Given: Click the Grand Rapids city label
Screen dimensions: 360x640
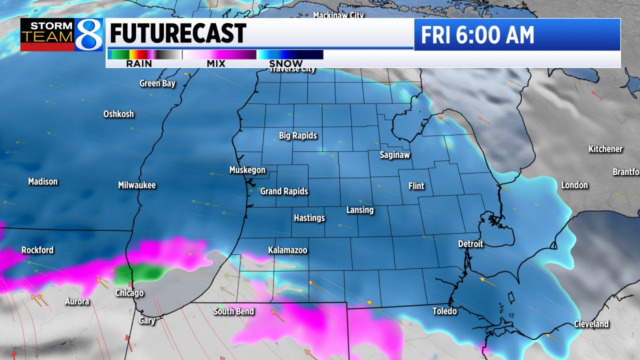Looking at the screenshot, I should [x=284, y=191].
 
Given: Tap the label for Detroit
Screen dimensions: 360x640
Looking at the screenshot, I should [x=470, y=244].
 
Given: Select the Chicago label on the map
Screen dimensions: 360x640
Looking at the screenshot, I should [x=129, y=293].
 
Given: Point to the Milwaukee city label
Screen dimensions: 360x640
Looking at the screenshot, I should [x=137, y=185].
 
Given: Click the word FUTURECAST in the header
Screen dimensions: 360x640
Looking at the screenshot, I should [x=177, y=34].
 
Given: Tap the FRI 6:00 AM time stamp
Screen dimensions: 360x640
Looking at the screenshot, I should [x=477, y=35].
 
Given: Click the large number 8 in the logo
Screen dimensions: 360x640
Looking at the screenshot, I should [x=89, y=34].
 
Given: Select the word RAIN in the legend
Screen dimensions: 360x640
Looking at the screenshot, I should [x=139, y=63].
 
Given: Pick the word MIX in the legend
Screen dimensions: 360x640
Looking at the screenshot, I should [x=216, y=63].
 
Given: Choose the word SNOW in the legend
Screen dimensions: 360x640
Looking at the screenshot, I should [x=286, y=63].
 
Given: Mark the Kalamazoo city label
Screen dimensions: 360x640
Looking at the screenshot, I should [x=287, y=250].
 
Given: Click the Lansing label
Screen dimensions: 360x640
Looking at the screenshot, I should [x=360, y=210].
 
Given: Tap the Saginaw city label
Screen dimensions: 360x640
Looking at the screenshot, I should [x=394, y=155].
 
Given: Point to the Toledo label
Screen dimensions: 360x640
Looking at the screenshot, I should [x=444, y=311].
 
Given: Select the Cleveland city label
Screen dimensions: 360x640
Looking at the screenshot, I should [x=591, y=324].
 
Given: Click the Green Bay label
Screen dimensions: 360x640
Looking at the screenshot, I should [x=157, y=83].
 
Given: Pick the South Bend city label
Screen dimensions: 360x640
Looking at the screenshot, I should [x=233, y=311].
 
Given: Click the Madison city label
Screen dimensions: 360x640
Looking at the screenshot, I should [x=43, y=181].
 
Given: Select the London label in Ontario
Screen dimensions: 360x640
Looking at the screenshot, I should [x=574, y=185].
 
